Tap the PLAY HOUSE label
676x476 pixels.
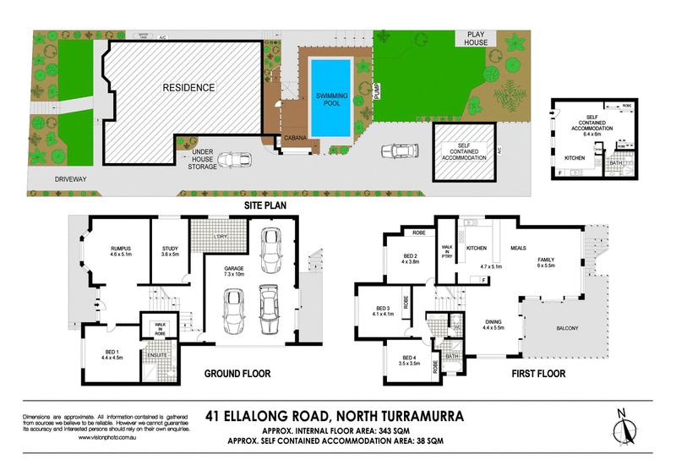pyautogui.click(x=472, y=39)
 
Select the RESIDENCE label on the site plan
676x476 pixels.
pyautogui.click(x=189, y=87)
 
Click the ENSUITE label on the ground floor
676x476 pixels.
pyautogui.click(x=156, y=356)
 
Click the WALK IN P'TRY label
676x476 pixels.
pyautogui.click(x=447, y=252)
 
